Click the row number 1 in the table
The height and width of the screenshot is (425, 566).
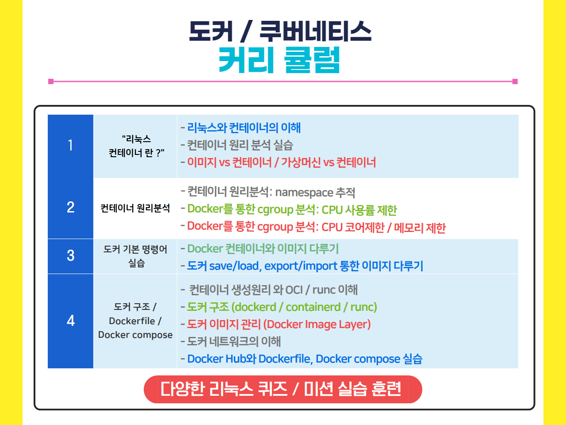tap(70, 145)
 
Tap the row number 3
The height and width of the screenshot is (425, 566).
tap(70, 255)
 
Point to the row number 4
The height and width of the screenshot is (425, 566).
tap(70, 321)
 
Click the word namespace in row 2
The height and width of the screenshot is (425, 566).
tap(304, 193)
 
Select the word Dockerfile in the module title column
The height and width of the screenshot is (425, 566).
tap(132, 321)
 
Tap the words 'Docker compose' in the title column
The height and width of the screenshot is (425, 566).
tap(135, 335)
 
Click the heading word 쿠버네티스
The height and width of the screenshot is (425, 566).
tap(315, 31)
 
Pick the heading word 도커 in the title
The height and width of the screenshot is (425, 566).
tap(210, 31)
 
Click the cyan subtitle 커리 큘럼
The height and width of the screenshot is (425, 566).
tap(279, 60)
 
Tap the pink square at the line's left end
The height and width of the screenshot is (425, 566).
tap(51, 81)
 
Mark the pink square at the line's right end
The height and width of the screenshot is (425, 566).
tap(515, 81)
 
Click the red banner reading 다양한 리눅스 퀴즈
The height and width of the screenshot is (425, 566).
tap(283, 389)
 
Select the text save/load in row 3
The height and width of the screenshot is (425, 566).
tap(234, 266)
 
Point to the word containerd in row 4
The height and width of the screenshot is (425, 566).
tap(313, 307)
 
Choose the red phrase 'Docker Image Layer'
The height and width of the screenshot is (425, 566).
tap(317, 325)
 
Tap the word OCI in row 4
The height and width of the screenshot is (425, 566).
tap(294, 290)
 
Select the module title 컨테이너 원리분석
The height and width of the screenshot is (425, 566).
tap(135, 208)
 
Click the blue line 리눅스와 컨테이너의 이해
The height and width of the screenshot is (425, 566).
tap(244, 128)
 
